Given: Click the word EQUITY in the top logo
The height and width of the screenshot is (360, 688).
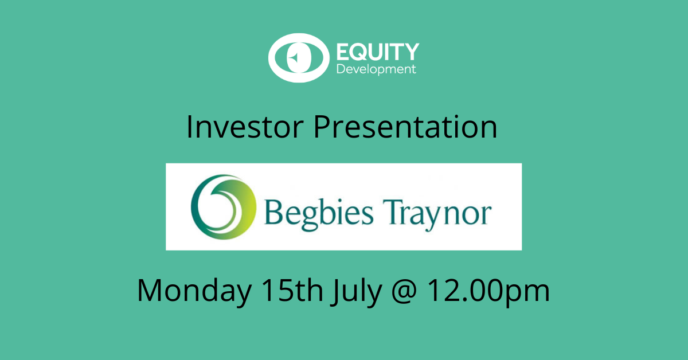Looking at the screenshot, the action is (378, 52).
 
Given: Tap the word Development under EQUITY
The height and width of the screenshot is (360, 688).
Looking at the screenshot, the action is (376, 69).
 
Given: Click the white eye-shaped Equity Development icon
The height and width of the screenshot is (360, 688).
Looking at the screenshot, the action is (299, 58).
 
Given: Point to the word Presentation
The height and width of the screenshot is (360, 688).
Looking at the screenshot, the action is (405, 127).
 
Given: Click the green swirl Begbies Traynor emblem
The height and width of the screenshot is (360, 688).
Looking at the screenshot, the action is (223, 207).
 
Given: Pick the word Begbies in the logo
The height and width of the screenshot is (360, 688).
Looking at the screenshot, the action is (319, 214).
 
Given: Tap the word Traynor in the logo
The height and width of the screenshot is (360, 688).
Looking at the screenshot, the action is (437, 214).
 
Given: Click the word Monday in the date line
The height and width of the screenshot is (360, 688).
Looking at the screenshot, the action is (194, 291).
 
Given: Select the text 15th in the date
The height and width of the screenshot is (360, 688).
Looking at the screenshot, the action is (292, 290).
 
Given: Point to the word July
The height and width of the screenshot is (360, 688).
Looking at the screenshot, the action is (357, 292).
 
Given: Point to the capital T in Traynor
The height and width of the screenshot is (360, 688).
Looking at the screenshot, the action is (392, 212).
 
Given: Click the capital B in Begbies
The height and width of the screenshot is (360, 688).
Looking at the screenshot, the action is (273, 212).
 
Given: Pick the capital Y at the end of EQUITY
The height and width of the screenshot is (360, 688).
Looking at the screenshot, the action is (411, 52).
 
